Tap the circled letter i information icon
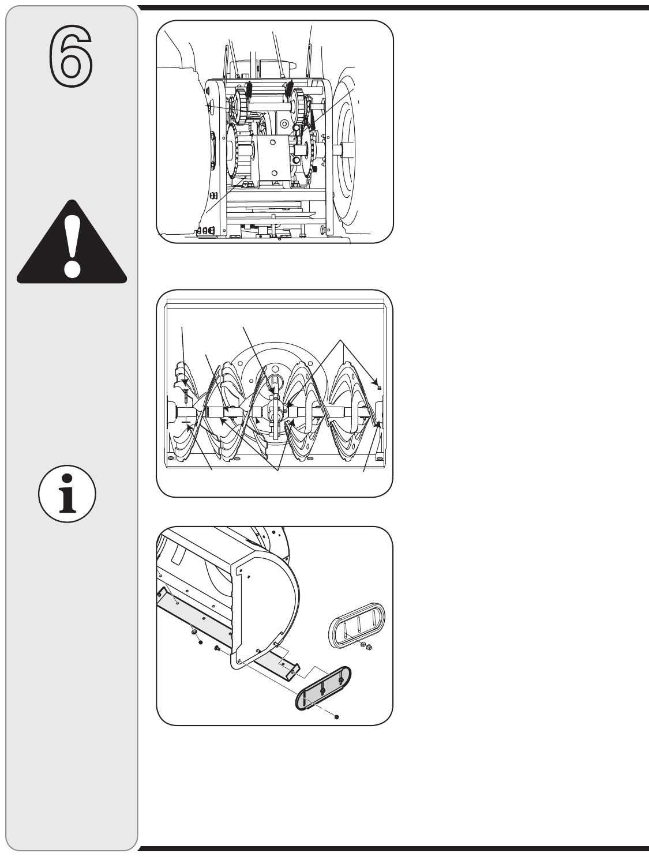click(67, 494)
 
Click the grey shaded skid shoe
click(322, 689)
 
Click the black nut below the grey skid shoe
click(336, 716)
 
